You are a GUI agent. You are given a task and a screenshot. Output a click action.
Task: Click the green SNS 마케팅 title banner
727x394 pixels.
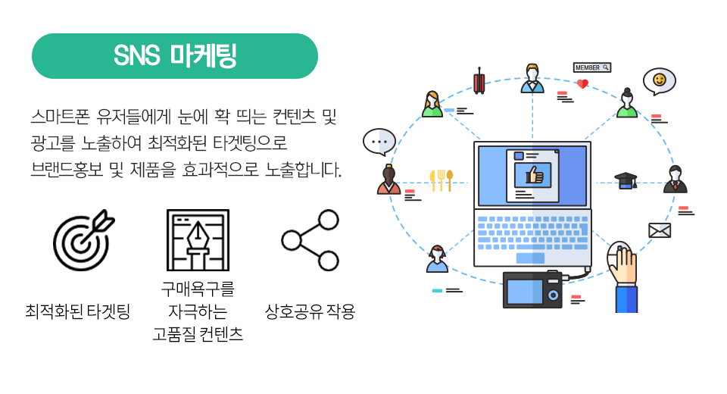click(x=175, y=56)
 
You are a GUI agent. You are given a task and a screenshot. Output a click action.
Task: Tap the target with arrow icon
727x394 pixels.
click(x=83, y=240)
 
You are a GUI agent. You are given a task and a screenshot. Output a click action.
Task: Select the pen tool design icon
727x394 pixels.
click(x=198, y=240)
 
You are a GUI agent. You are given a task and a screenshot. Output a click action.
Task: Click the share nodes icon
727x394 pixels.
click(x=310, y=240)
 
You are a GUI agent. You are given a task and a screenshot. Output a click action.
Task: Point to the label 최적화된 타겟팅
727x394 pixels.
click(x=78, y=311)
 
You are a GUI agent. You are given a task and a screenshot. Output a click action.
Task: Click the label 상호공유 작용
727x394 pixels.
click(x=310, y=311)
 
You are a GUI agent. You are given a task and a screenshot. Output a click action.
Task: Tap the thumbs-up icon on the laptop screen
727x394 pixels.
click(x=533, y=175)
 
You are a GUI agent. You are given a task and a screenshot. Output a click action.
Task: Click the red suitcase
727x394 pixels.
click(x=479, y=81)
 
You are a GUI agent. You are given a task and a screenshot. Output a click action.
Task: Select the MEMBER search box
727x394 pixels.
click(x=592, y=67)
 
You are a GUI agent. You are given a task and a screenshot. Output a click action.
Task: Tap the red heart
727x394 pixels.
click(x=582, y=84)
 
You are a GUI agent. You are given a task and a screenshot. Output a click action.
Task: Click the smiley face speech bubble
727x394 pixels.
click(x=659, y=81)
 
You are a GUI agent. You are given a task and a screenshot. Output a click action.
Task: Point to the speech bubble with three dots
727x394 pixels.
click(x=379, y=142)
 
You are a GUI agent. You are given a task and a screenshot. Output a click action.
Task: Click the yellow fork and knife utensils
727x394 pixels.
click(x=441, y=180)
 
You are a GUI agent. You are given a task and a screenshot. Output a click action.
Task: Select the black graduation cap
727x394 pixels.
click(x=626, y=180)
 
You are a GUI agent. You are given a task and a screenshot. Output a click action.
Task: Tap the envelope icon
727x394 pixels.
click(x=660, y=230)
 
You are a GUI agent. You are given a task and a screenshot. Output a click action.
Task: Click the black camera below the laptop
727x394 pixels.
click(x=532, y=289)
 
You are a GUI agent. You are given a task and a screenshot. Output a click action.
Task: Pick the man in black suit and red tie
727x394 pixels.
click(x=676, y=179)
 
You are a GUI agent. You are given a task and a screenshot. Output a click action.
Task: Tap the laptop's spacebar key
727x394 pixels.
click(x=530, y=258)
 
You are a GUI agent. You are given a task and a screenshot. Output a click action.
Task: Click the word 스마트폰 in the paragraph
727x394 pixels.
click(x=61, y=117)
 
